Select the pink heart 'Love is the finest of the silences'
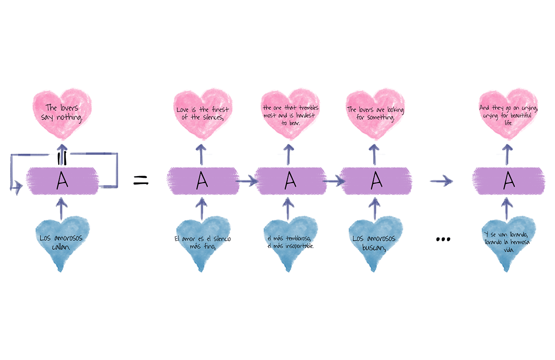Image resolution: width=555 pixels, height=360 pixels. (x=202, y=113)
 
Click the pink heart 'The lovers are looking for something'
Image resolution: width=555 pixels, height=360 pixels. (x=375, y=113)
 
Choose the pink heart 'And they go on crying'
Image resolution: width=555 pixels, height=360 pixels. (x=508, y=113)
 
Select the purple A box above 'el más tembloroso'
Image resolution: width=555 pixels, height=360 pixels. (x=289, y=180)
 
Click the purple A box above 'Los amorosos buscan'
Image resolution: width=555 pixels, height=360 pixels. (x=376, y=180)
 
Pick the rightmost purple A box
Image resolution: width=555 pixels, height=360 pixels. (x=508, y=180)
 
